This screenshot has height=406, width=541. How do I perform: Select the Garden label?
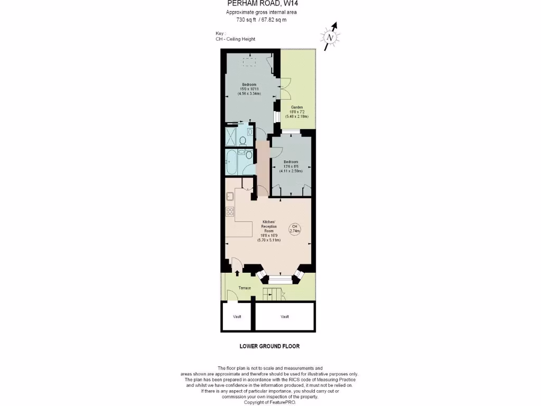(297, 107)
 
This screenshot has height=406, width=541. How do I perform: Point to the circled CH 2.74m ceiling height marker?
(295, 228)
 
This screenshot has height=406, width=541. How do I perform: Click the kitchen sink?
(231, 197)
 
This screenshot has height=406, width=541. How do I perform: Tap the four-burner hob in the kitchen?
(231, 211)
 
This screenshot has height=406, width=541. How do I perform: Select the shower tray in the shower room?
(231, 136)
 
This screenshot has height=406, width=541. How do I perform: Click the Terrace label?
(245, 288)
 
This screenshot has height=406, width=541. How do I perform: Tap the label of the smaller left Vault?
(237, 317)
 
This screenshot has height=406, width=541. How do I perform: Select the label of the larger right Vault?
(285, 317)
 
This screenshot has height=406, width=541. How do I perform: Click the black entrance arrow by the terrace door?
(237, 273)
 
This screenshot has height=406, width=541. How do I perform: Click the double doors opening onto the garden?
(286, 88)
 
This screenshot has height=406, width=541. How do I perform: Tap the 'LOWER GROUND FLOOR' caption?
(270, 346)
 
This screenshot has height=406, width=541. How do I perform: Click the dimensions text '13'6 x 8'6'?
(291, 167)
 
